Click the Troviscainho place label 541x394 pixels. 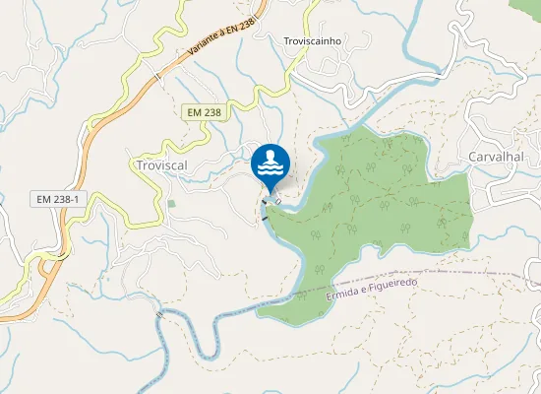point(312,41)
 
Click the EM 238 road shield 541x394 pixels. point(204,112)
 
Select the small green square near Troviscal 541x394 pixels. point(172,204)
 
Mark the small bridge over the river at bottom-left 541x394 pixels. point(158,313)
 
